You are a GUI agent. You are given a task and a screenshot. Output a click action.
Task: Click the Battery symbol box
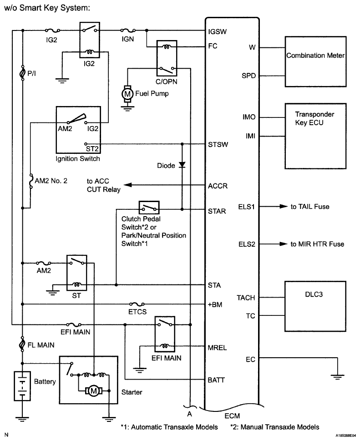click(x=21, y=385)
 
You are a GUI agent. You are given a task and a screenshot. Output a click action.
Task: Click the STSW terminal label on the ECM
click(x=217, y=145)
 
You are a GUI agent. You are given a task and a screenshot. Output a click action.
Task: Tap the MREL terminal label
click(x=218, y=348)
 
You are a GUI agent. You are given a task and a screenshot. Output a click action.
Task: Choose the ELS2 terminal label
click(x=246, y=244)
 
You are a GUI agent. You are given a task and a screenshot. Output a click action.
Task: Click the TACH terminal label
click(x=246, y=298)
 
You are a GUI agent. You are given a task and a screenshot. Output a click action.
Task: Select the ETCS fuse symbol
click(x=137, y=304)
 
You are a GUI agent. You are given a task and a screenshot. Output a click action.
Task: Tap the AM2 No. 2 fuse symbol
click(x=30, y=180)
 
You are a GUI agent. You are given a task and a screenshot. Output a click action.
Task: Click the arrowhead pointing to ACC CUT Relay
click(x=128, y=185)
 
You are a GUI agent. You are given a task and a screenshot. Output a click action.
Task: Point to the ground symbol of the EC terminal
click(x=337, y=376)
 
